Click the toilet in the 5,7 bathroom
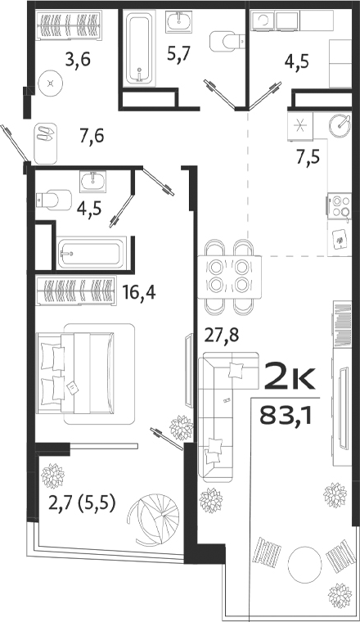click(223, 40)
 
